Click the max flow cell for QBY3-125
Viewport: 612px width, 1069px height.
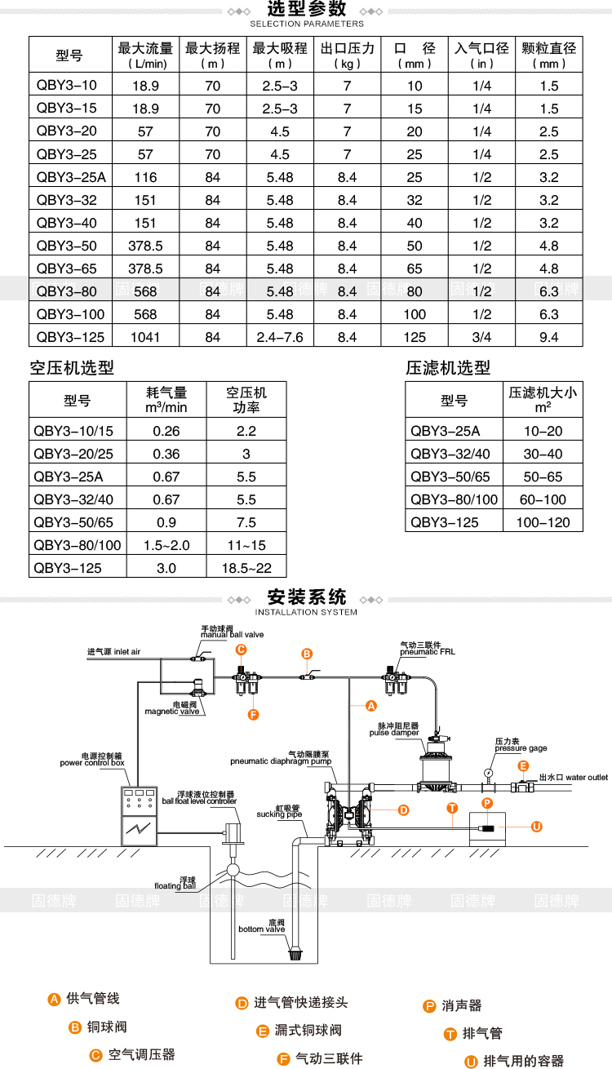pyautogui.click(x=145, y=337)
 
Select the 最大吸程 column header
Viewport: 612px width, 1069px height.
pyautogui.click(x=280, y=55)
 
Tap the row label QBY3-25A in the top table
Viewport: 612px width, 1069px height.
pyautogui.click(x=71, y=178)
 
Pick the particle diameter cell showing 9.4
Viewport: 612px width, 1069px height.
pyautogui.click(x=549, y=337)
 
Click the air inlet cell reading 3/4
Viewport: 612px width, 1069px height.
pyautogui.click(x=481, y=337)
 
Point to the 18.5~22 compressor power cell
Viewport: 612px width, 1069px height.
pyautogui.click(x=246, y=568)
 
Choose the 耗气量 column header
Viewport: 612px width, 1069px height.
pyautogui.click(x=166, y=400)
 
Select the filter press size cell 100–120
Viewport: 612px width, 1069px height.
pyautogui.click(x=543, y=522)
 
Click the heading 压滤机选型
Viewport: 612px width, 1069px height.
pyautogui.click(x=448, y=368)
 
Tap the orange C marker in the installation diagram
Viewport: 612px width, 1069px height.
pyautogui.click(x=241, y=650)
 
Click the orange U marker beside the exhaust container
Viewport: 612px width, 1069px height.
pyautogui.click(x=537, y=827)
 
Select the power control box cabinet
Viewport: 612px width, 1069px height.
pyautogui.click(x=139, y=816)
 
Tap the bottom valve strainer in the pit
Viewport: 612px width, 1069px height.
pyautogui.click(x=295, y=955)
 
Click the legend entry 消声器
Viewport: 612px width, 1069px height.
pyautogui.click(x=461, y=1005)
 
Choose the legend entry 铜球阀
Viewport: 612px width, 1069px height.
pyautogui.click(x=106, y=1027)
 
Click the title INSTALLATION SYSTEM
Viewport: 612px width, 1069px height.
pyautogui.click(x=306, y=612)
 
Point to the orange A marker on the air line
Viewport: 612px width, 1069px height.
pyautogui.click(x=371, y=706)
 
